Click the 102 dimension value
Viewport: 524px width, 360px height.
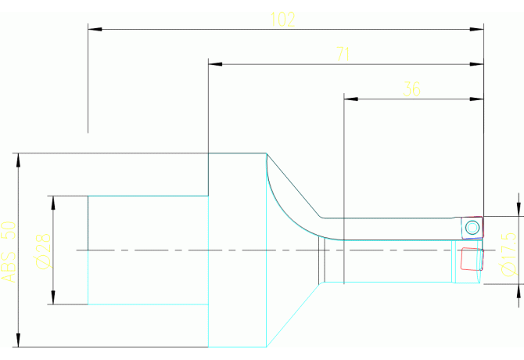[x=282, y=20]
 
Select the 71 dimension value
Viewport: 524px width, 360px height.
[x=343, y=54]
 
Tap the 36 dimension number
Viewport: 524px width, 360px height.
[x=411, y=89]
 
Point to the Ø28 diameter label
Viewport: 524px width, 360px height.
[x=44, y=250]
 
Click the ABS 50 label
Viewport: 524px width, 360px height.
[x=9, y=252]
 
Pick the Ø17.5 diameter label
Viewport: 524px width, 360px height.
[x=508, y=254]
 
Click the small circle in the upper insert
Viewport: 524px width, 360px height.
[x=472, y=228]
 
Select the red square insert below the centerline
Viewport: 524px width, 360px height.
[x=472, y=259]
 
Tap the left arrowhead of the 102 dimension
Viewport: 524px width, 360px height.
[x=95, y=30]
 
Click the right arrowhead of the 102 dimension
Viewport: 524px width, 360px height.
[x=476, y=30]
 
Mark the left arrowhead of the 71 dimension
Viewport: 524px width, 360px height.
[x=215, y=64]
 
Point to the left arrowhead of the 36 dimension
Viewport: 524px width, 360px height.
[x=351, y=99]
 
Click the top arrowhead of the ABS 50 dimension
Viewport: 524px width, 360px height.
[x=19, y=160]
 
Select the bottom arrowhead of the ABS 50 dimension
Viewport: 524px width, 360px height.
[x=19, y=340]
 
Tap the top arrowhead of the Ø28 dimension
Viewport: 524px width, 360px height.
[x=53, y=203]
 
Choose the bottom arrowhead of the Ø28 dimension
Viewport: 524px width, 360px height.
[x=53, y=297]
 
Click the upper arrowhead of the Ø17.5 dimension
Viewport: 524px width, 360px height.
[x=519, y=209]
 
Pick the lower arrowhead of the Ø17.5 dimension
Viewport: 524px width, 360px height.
[x=519, y=291]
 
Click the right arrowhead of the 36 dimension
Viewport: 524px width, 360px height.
[x=476, y=99]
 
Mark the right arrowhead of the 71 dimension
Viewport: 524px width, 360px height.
[x=476, y=64]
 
